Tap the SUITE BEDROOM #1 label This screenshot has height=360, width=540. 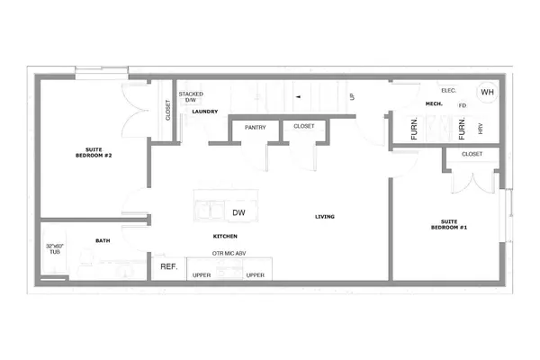(448, 225)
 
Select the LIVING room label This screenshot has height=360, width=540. (325, 216)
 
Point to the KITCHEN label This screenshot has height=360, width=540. (224, 236)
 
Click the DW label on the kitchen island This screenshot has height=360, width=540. (238, 213)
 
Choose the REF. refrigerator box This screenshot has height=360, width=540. (168, 267)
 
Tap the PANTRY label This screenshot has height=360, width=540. (256, 127)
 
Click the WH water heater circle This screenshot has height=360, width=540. (487, 92)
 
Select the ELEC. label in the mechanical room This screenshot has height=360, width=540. (449, 91)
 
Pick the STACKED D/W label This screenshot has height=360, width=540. (191, 96)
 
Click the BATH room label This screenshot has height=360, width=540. (103, 240)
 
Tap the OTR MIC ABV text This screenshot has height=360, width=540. (229, 255)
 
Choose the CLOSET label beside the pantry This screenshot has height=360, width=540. (304, 127)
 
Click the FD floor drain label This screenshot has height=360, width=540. (462, 105)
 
